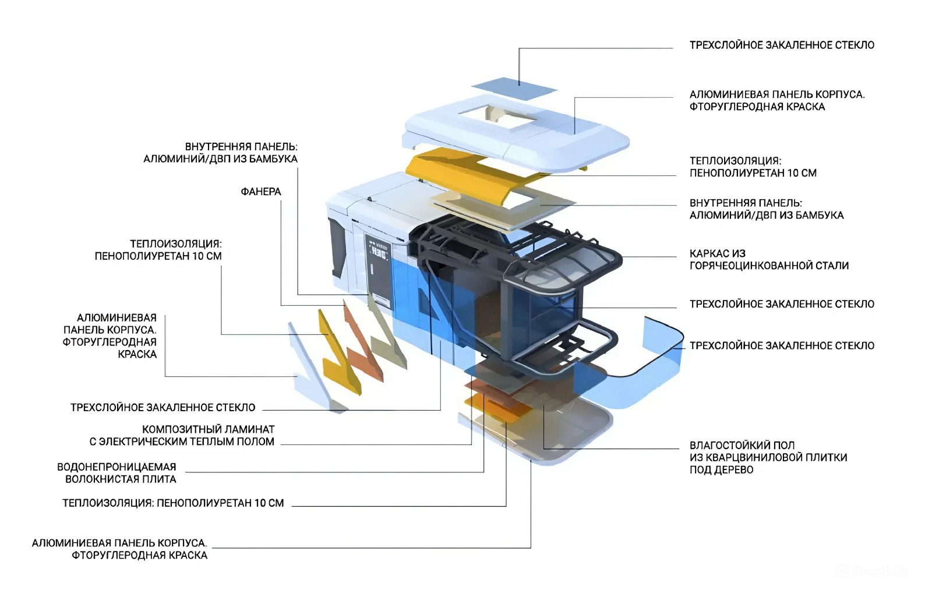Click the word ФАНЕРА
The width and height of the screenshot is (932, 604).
[x=260, y=192]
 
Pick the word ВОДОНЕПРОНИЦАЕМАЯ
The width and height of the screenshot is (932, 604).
[x=116, y=467]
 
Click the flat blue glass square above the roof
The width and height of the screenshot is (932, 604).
[x=514, y=88]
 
